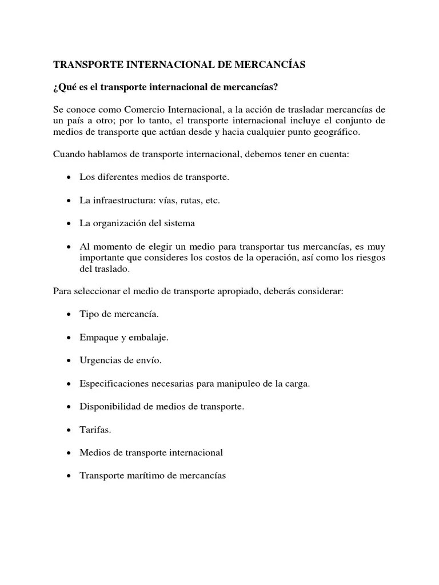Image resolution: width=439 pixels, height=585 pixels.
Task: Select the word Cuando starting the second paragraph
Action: [x=69, y=154]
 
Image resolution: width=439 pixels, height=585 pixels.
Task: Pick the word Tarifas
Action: [x=94, y=430]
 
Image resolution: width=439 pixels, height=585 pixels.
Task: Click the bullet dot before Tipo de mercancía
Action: [x=69, y=315]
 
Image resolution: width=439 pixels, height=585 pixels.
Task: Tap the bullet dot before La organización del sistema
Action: [x=69, y=223]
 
